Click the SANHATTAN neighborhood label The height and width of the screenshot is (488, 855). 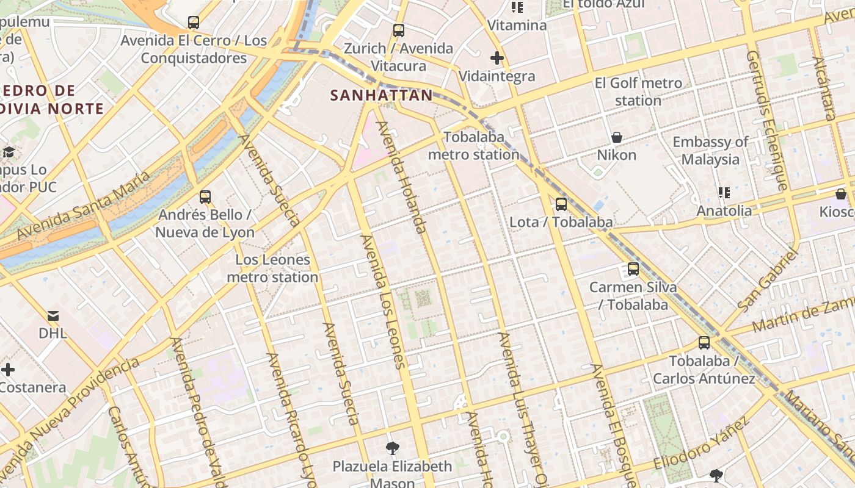[x=381, y=95]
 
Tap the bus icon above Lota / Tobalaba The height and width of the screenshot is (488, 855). [x=561, y=204]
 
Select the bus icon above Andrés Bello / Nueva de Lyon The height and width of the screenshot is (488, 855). [x=205, y=197]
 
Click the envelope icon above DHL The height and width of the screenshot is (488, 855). [x=53, y=316]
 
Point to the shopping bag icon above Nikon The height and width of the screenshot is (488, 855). [x=616, y=137]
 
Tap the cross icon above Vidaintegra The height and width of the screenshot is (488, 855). [x=497, y=59]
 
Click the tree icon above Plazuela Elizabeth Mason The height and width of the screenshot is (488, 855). [x=392, y=448]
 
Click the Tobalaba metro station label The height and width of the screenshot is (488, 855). [x=473, y=146]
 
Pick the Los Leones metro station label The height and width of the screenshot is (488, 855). [x=272, y=268]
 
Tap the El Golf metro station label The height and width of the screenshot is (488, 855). [x=638, y=91]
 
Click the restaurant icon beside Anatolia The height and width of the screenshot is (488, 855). [x=724, y=193]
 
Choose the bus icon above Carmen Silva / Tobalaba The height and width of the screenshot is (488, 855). [x=633, y=269]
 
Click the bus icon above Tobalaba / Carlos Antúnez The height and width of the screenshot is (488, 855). [x=704, y=343]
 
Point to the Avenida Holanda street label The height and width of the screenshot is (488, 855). [x=401, y=178]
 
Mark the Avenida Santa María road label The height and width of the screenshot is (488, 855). [x=83, y=206]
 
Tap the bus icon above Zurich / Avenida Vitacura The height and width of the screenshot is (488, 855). [x=399, y=30]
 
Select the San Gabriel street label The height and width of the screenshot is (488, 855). [x=768, y=279]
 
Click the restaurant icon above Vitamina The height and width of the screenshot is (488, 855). [x=517, y=7]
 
